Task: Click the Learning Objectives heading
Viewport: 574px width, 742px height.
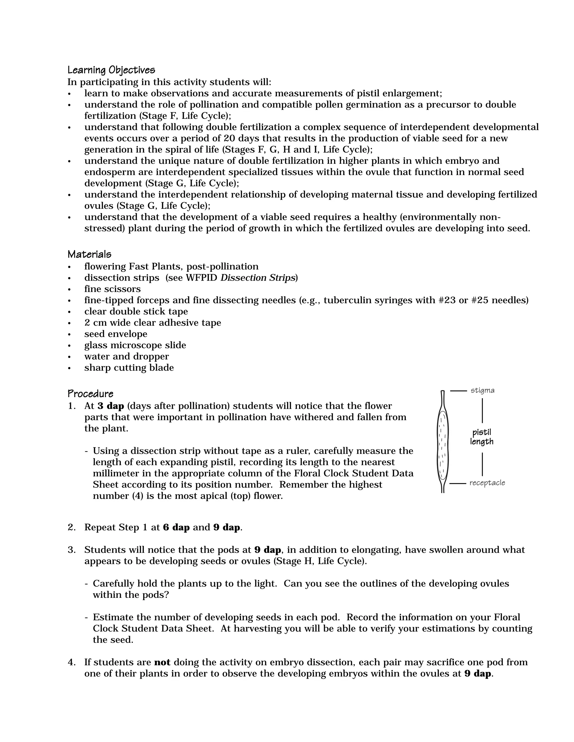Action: (111, 70)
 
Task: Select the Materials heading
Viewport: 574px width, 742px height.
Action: (89, 254)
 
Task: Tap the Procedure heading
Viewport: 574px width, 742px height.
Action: (91, 394)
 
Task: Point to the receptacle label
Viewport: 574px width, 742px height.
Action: (487, 483)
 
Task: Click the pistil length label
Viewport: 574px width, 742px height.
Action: (482, 437)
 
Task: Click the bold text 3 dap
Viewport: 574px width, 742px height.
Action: (110, 406)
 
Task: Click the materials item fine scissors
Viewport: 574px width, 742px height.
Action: (113, 289)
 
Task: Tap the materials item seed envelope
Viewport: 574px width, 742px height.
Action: (116, 334)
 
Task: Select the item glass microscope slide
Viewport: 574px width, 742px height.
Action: (135, 345)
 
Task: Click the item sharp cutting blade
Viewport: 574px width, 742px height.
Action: (129, 368)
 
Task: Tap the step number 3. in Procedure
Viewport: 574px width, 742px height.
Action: (72, 550)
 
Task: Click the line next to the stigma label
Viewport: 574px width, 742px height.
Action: (458, 391)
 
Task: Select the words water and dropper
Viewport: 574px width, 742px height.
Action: (126, 356)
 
